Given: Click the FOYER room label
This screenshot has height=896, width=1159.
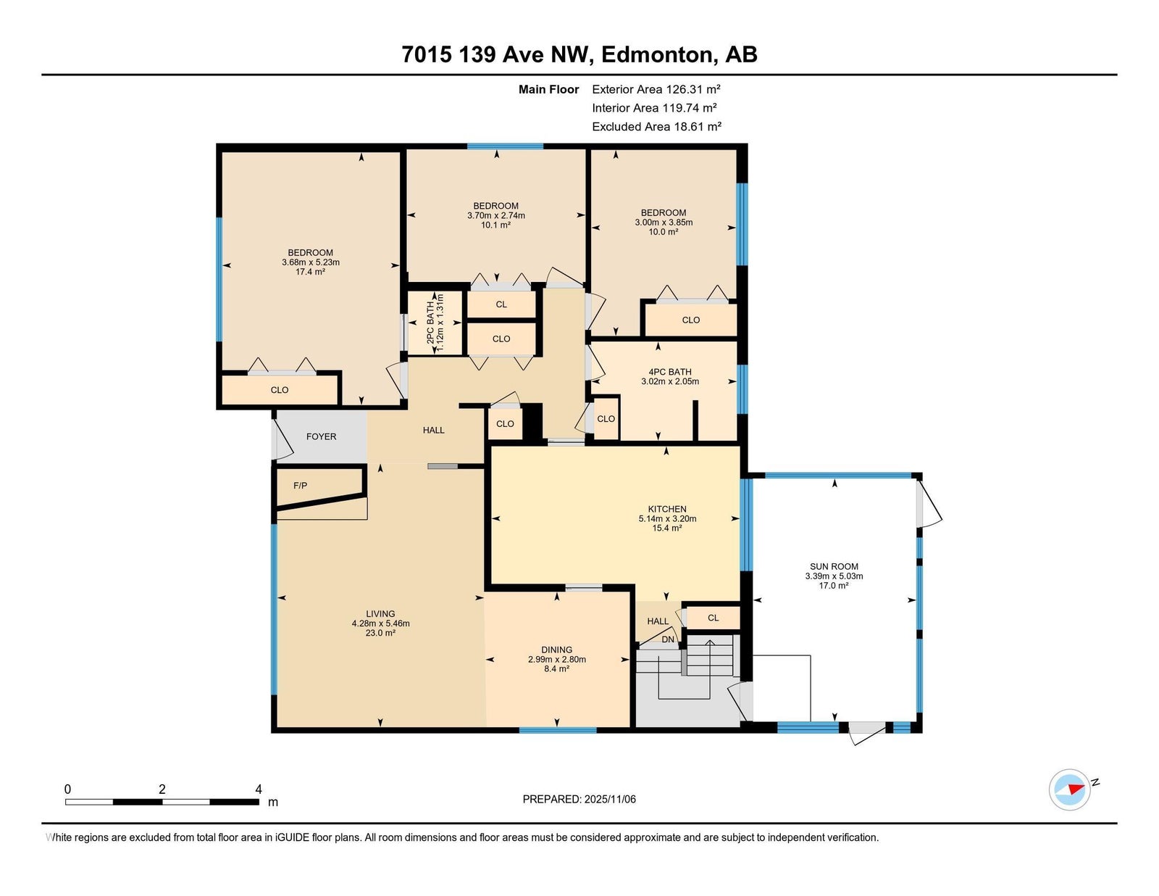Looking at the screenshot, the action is click(x=321, y=436).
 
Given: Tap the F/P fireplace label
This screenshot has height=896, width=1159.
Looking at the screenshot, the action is click(x=301, y=486).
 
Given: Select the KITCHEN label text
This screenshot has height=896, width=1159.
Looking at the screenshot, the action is click(x=666, y=509).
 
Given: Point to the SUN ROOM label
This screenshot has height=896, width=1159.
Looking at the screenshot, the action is click(x=834, y=567).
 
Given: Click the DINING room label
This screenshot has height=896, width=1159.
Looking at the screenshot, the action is click(x=556, y=650).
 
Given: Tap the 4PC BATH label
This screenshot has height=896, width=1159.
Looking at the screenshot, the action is click(x=670, y=372).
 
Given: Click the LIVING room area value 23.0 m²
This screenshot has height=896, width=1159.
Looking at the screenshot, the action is click(x=380, y=634).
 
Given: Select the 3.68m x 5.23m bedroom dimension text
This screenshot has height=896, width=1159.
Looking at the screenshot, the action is click(x=311, y=262).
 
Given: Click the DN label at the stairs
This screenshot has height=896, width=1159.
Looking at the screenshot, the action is click(x=668, y=639).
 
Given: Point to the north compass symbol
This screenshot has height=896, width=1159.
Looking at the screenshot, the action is click(x=1070, y=790).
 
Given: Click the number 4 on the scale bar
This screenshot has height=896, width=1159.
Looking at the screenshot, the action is click(x=259, y=789).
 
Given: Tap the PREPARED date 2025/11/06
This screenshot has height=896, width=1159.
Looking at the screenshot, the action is click(x=610, y=800).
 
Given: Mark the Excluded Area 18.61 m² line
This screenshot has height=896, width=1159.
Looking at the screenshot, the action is click(x=656, y=126).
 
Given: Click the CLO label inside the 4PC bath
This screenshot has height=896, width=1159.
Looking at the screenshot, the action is click(x=606, y=419).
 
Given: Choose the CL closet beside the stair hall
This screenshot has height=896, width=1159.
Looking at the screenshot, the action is click(x=713, y=618).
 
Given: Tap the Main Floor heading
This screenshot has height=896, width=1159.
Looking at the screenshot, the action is click(x=548, y=89).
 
